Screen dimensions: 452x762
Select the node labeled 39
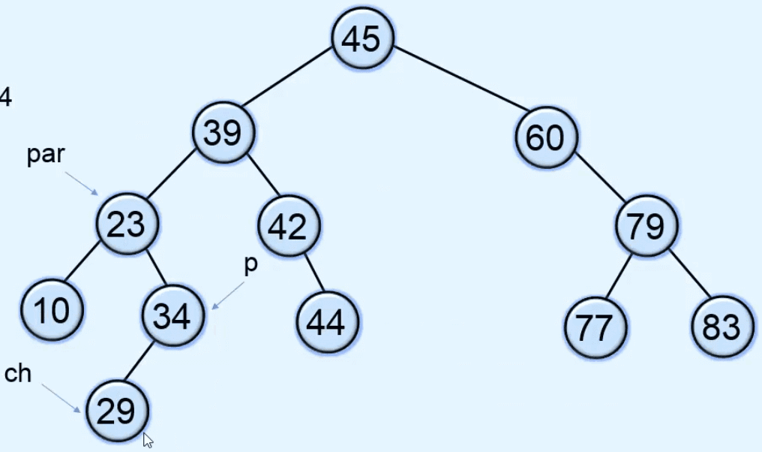point(223,134)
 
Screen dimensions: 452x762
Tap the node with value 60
point(545,138)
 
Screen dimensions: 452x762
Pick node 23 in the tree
point(127,224)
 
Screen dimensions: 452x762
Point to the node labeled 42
point(289,226)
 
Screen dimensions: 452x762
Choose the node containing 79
point(646,226)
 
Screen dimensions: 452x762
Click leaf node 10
point(52,309)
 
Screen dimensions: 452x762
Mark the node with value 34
point(172,316)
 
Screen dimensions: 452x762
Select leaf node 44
point(328,323)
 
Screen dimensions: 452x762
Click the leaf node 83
point(722,327)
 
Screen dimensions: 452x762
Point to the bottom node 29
point(118,411)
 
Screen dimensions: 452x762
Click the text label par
point(46,155)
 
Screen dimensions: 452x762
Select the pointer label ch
point(18,373)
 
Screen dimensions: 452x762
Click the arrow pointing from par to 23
point(82,183)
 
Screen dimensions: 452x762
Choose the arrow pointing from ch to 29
point(61,398)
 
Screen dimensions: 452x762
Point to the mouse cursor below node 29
point(148,440)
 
